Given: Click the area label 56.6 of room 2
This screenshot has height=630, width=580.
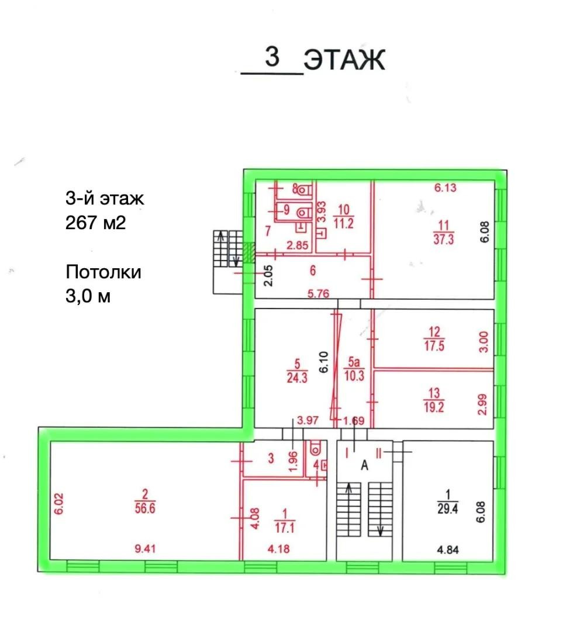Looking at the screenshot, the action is pos(144,508).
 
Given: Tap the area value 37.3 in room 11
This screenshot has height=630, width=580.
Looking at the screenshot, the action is pos(443,239).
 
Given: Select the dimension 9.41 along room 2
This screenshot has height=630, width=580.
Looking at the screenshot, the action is pos(145,548).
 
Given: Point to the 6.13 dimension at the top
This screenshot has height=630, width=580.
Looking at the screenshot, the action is pos(445,188).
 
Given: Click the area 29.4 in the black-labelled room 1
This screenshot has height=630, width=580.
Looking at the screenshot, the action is pos(447,509).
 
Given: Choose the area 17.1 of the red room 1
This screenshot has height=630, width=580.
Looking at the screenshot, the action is pos(285,527).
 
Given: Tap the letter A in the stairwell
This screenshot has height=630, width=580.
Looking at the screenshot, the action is pos(364,465).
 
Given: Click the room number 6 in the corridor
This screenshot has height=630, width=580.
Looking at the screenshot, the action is pos(313,271).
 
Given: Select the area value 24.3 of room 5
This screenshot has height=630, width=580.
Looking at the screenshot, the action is pos(297,378).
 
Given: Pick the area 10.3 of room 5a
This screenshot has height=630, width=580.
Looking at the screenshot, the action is pos(354,376).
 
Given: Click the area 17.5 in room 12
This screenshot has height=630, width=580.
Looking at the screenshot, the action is pos(434,345).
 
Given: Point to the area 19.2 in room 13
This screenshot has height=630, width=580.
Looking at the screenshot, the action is pos(434,407).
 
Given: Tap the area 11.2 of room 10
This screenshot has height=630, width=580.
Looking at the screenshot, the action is pos(344,223).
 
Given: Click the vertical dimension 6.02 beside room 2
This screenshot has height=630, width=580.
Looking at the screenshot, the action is pos(59,504).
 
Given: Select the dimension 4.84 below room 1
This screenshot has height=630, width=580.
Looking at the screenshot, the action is pos(448,549).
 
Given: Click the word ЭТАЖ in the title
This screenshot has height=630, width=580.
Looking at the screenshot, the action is pos(344,60).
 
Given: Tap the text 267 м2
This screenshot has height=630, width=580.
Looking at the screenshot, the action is pos(96,222).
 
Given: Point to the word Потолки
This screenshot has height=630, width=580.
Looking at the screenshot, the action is pos(103,272).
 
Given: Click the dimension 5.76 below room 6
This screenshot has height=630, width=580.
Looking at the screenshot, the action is pos(318,294).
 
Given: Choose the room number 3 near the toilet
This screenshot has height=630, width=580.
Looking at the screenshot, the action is pos(271,458).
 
